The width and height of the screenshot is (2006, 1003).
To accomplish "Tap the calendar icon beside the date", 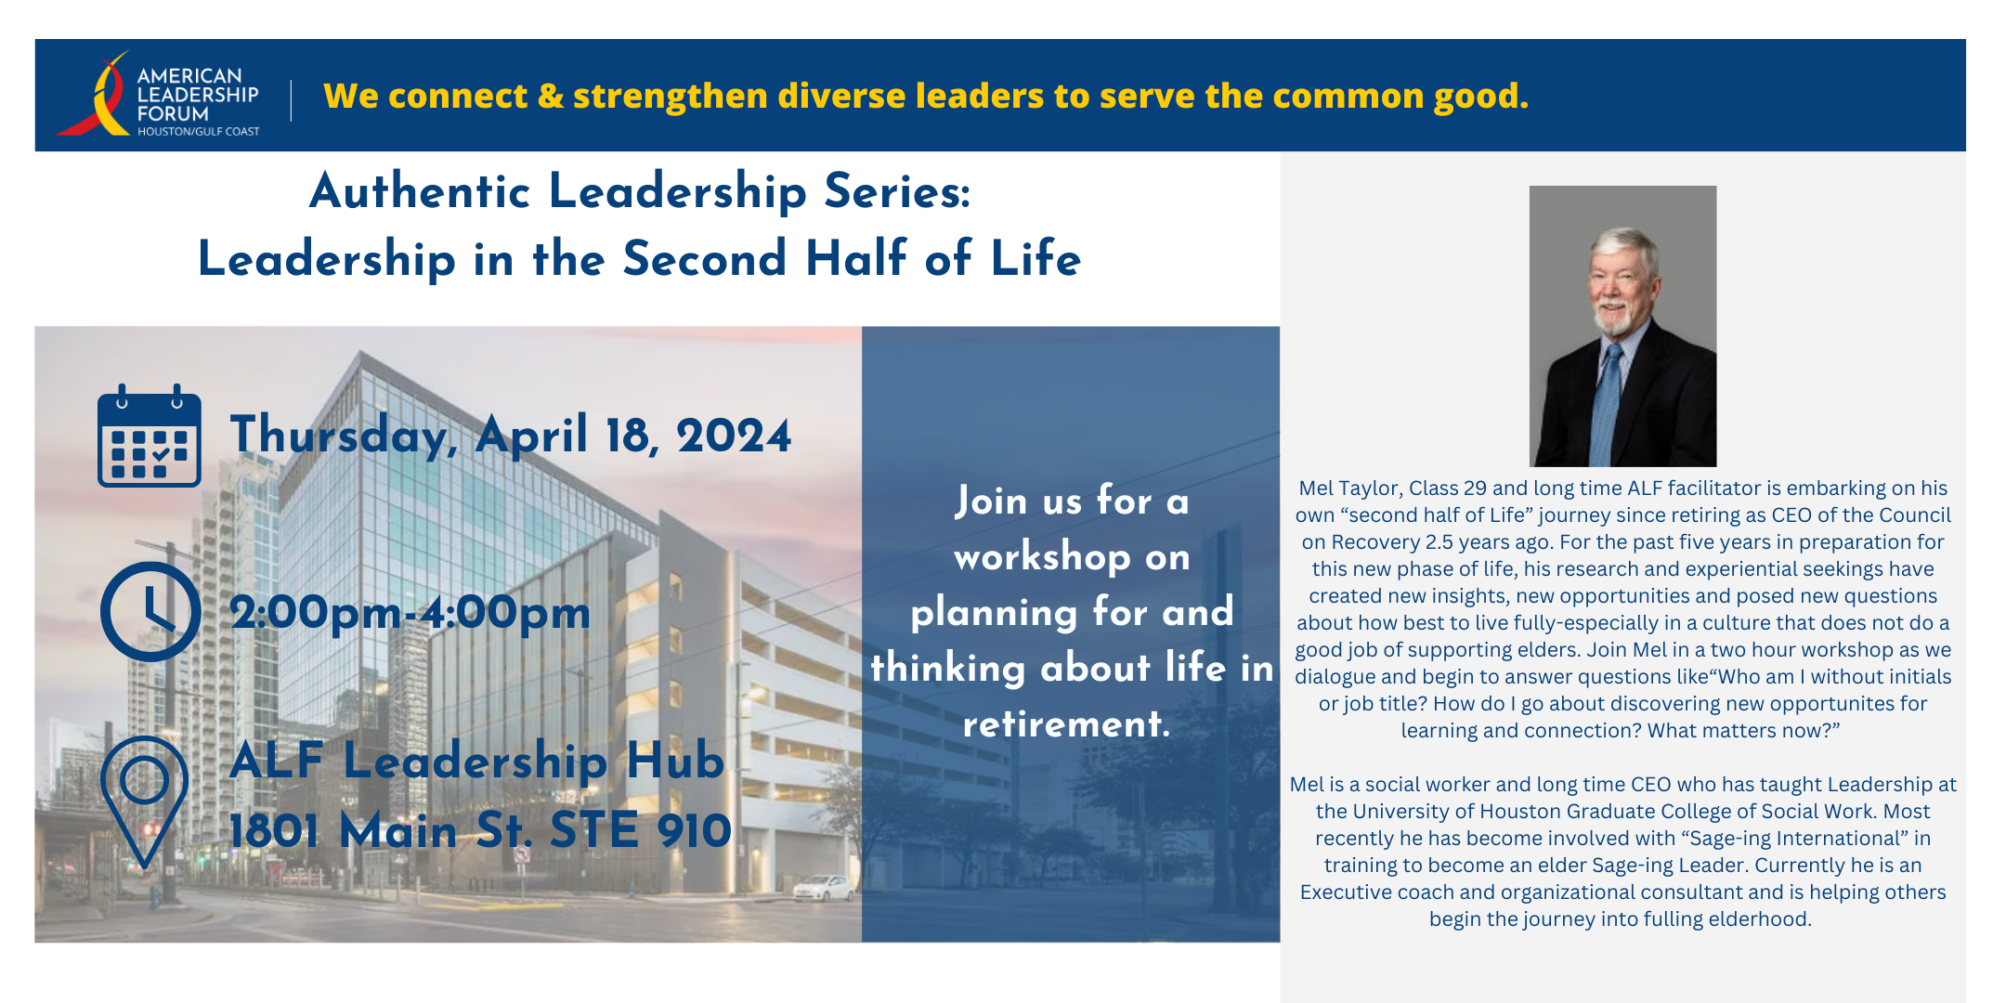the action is (150, 436).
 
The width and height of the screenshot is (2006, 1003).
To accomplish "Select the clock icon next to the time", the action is (150, 611).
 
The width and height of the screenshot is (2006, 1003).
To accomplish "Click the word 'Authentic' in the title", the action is (420, 191).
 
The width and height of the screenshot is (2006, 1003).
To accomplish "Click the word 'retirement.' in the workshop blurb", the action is (1066, 723).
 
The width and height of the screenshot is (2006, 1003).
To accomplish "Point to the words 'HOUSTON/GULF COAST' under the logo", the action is (199, 132).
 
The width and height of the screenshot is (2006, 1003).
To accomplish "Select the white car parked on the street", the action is (823, 887).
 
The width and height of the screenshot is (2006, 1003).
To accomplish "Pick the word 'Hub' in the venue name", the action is (675, 761).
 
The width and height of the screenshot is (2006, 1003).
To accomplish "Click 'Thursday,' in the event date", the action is (344, 435).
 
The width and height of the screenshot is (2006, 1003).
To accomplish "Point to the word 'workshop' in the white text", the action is (1042, 557).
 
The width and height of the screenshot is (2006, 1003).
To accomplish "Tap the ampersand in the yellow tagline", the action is (551, 97).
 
